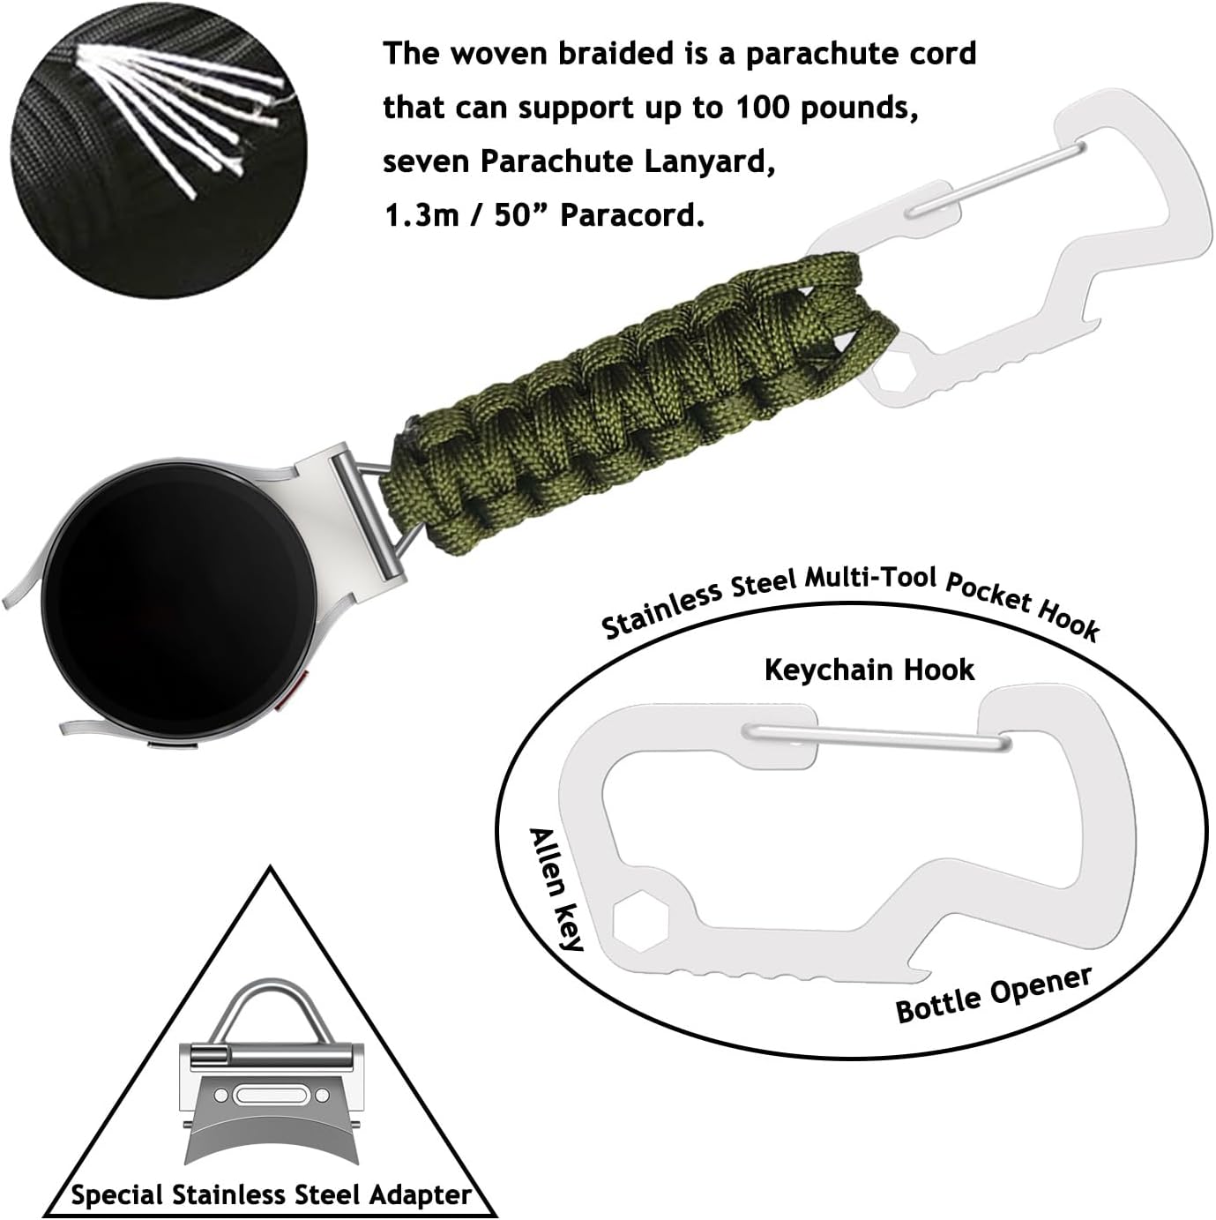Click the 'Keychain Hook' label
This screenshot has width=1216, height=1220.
coord(869,670)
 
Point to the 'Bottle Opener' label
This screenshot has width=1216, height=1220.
coord(994,995)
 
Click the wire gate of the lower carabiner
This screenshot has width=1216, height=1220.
coord(873,738)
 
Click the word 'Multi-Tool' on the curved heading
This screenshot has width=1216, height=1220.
coord(869,580)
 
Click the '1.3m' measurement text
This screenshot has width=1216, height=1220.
coord(421,215)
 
